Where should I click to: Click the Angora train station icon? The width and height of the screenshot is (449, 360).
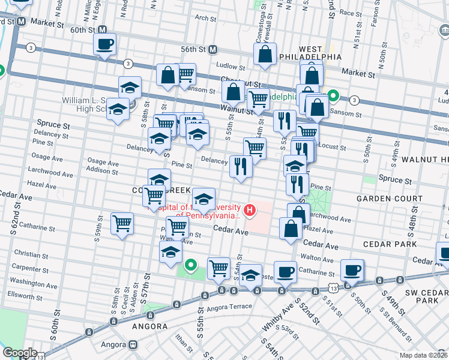click(x=131, y=345)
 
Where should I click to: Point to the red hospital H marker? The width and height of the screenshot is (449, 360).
click(x=248, y=211)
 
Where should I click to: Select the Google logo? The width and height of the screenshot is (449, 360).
click(x=19, y=353)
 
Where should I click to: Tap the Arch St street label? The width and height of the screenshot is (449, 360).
click(x=205, y=19)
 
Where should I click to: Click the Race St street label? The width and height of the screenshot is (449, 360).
click(x=351, y=11)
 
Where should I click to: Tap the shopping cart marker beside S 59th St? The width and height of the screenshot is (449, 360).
click(x=122, y=224)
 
